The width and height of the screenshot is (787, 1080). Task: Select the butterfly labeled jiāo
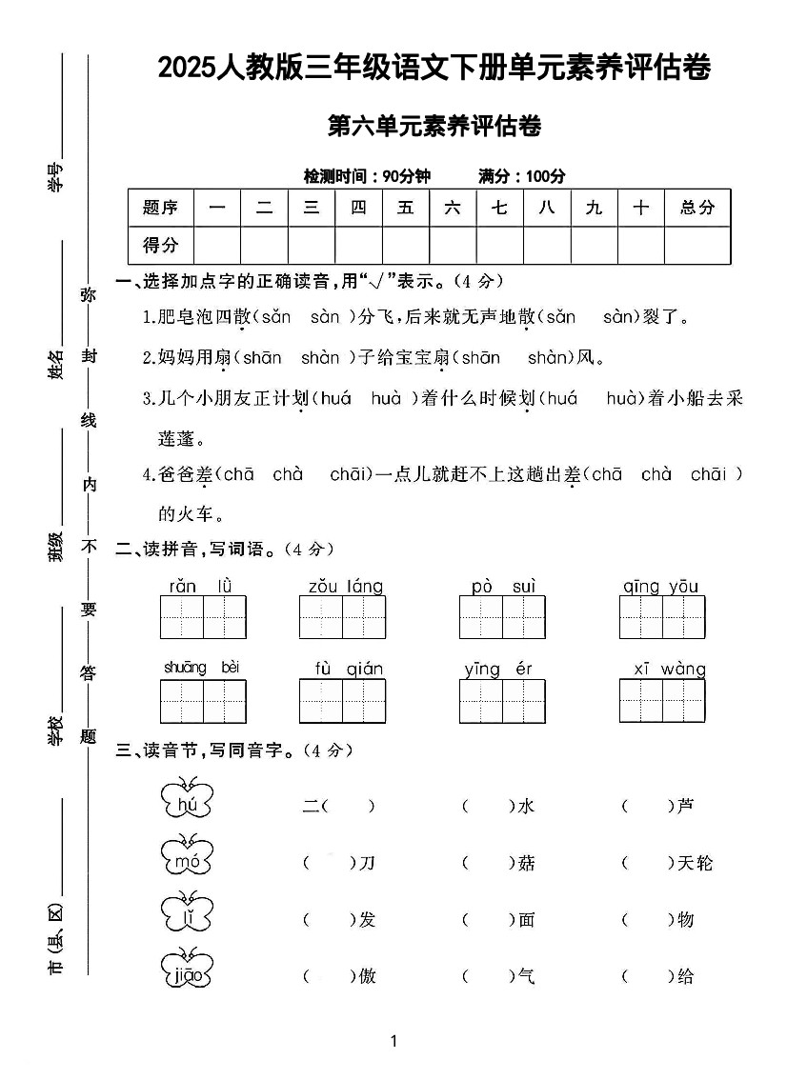(x=187, y=970)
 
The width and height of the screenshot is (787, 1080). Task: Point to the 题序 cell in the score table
(x=160, y=208)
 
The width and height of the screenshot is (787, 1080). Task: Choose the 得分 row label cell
(x=160, y=245)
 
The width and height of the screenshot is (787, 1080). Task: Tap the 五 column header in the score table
(x=406, y=208)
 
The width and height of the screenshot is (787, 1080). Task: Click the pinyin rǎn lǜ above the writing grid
(x=202, y=586)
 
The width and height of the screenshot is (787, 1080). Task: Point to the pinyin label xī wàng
(x=670, y=669)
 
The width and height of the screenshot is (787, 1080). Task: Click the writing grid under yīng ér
(x=502, y=702)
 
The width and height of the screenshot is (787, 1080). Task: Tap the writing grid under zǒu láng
(x=342, y=617)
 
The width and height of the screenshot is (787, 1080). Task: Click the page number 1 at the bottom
(x=393, y=1041)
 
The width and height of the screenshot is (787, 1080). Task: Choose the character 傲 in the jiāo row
(x=367, y=976)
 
